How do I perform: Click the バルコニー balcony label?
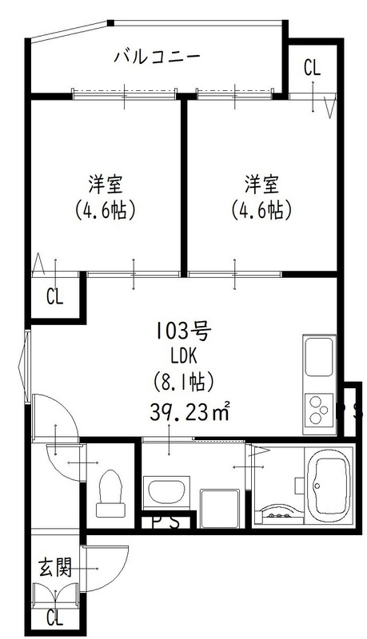[x=156, y=57]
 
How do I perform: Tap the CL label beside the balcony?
[x=312, y=68]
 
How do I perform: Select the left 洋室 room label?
[x=104, y=185]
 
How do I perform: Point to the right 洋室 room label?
[x=261, y=185]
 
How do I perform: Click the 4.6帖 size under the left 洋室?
[x=104, y=210]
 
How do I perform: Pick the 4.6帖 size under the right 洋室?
[x=261, y=210]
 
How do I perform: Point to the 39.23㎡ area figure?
[x=189, y=412]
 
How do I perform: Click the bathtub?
[x=329, y=485]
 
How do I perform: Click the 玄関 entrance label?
[x=55, y=568]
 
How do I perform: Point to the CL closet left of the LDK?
[x=54, y=298]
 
